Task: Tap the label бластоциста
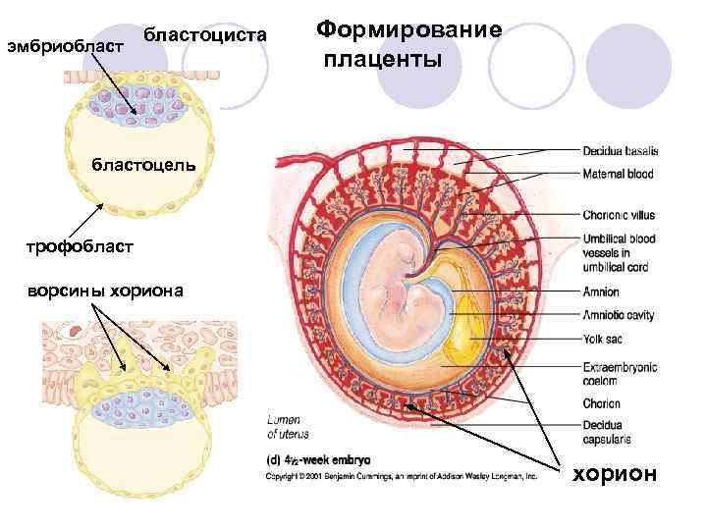[x=204, y=35]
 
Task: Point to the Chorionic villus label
[x=619, y=215]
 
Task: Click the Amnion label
[x=600, y=292]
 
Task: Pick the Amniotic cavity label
[x=618, y=316]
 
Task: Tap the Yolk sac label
[x=603, y=341]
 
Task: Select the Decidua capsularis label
[x=606, y=433]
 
